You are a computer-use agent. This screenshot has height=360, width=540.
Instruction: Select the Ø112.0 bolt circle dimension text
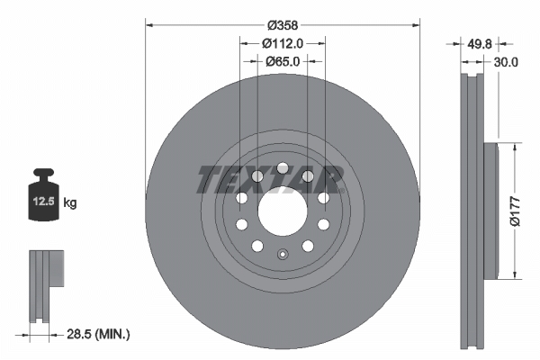point(282,42)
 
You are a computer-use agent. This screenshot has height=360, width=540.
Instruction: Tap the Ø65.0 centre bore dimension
point(282,61)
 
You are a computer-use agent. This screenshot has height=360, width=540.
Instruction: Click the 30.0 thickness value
point(505,62)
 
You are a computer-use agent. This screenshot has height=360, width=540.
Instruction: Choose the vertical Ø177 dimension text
point(516,209)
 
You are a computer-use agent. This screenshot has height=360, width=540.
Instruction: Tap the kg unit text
point(70,203)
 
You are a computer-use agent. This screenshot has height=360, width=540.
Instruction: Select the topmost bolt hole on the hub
point(282,168)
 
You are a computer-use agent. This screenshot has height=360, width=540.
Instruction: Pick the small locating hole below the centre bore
point(282,253)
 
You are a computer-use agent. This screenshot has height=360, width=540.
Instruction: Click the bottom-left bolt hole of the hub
point(256,246)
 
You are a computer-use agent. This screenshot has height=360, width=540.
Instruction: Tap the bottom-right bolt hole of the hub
point(307,246)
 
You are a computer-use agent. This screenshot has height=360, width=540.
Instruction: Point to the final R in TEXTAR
point(332,180)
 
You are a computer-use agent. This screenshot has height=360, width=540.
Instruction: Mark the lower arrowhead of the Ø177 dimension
point(515,275)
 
